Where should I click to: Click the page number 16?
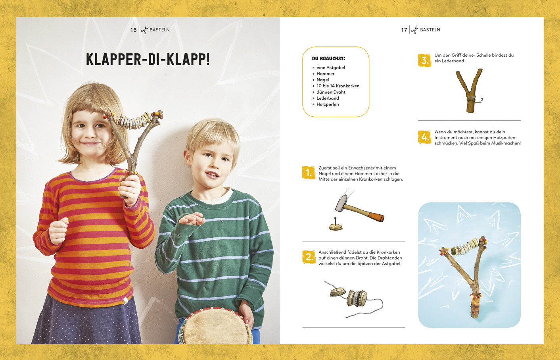coord(133,30)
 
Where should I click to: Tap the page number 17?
coord(404,30)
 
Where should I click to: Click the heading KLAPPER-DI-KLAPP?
coord(148,60)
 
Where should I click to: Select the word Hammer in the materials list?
coord(325,73)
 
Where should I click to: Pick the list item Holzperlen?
coord(328,104)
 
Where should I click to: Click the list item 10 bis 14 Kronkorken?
coord(338,86)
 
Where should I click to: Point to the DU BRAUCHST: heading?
coord(328,58)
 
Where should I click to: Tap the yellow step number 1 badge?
coord(309,173)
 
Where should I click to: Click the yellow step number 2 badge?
coord(309,257)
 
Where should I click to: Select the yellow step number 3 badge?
coord(424,60)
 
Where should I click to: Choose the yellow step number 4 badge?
coord(424,137)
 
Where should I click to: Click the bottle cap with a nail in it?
coord(336,226)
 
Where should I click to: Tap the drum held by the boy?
coord(215,327)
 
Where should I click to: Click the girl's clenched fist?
coord(58,231)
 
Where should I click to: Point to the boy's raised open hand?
coord(192,219)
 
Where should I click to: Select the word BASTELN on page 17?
coord(430,30)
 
